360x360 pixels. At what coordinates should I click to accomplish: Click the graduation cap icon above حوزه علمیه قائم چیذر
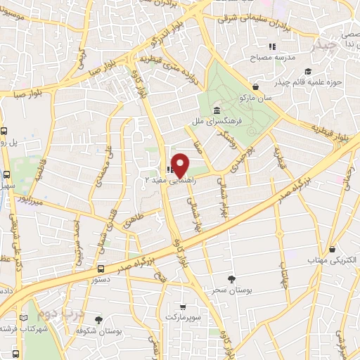pos(308,71)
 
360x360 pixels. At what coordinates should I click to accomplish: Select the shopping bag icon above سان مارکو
pos(255,86)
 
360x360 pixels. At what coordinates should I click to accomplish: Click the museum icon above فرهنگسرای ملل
pos(216,111)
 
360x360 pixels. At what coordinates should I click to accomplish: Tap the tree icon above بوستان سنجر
pos(231,279)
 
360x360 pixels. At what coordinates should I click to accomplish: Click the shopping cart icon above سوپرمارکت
pos(184,307)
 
